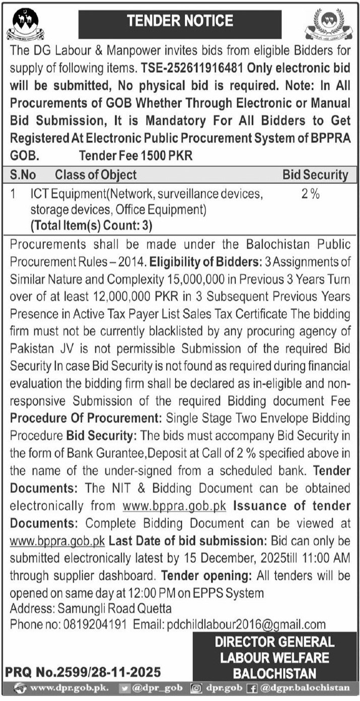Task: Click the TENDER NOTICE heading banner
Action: tap(180, 21)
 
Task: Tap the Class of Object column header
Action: tap(96, 175)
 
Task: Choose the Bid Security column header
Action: tap(315, 175)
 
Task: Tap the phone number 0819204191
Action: tap(96, 624)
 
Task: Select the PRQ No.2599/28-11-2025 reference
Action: tap(83, 672)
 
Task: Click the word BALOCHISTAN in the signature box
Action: tap(274, 673)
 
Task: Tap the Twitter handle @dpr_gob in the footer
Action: tap(160, 687)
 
